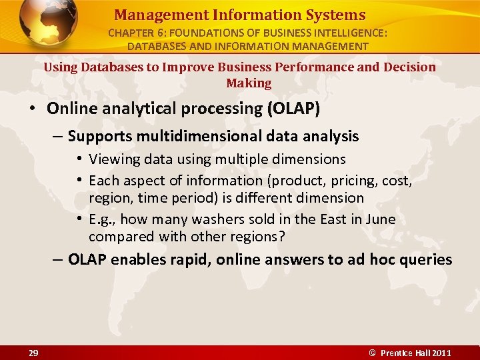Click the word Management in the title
click(x=151, y=15)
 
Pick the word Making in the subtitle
click(x=249, y=83)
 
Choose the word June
click(x=380, y=219)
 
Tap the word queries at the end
click(x=427, y=259)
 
